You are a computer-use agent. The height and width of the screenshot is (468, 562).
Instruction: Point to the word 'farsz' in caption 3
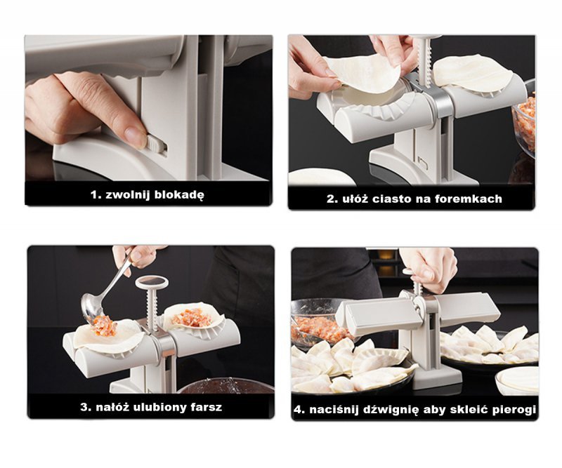(x=204, y=406)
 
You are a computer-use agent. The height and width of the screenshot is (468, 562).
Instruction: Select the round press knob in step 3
(x=152, y=283)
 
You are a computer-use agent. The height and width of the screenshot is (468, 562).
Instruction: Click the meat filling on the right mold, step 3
(x=191, y=318)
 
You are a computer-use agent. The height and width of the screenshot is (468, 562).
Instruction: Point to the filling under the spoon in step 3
(x=104, y=326)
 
